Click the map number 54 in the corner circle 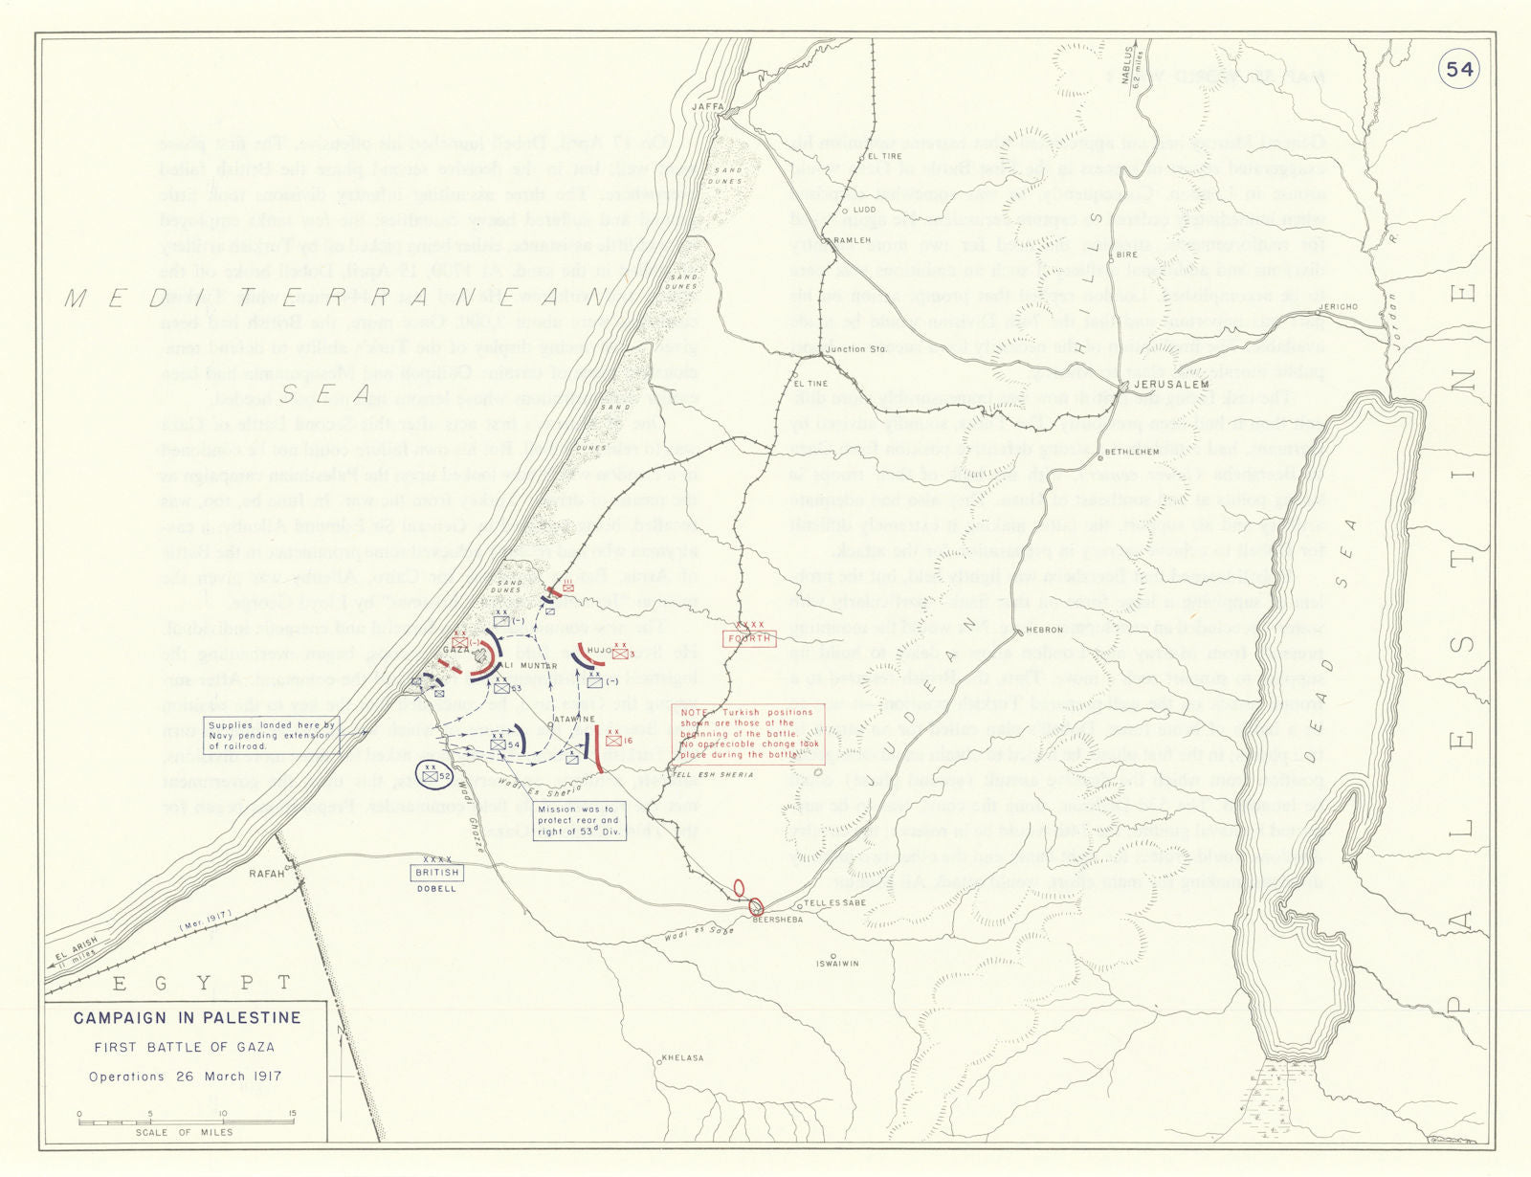pyautogui.click(x=1459, y=69)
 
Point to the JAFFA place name pyautogui.click(x=708, y=107)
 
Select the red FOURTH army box pyautogui.click(x=748, y=638)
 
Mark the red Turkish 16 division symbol pyautogui.click(x=614, y=740)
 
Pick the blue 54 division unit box pyautogui.click(x=499, y=744)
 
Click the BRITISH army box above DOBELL pyautogui.click(x=436, y=873)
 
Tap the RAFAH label pyautogui.click(x=266, y=874)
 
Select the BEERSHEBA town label pyautogui.click(x=776, y=920)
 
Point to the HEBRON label pyautogui.click(x=1044, y=630)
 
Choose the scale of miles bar pyautogui.click(x=186, y=1121)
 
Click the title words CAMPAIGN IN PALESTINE pyautogui.click(x=187, y=1018)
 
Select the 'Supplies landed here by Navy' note pyautogui.click(x=271, y=735)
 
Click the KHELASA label pyautogui.click(x=682, y=1058)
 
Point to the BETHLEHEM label pyautogui.click(x=1132, y=452)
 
